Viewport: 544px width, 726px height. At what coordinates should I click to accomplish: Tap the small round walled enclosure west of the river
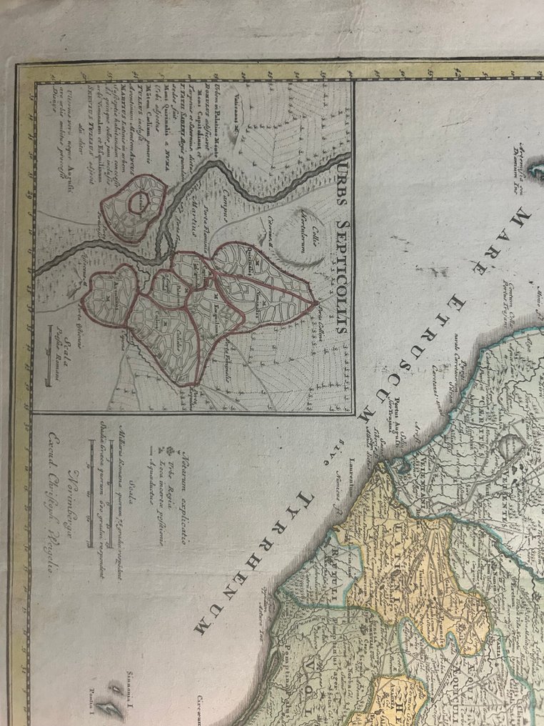[x=134, y=206]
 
